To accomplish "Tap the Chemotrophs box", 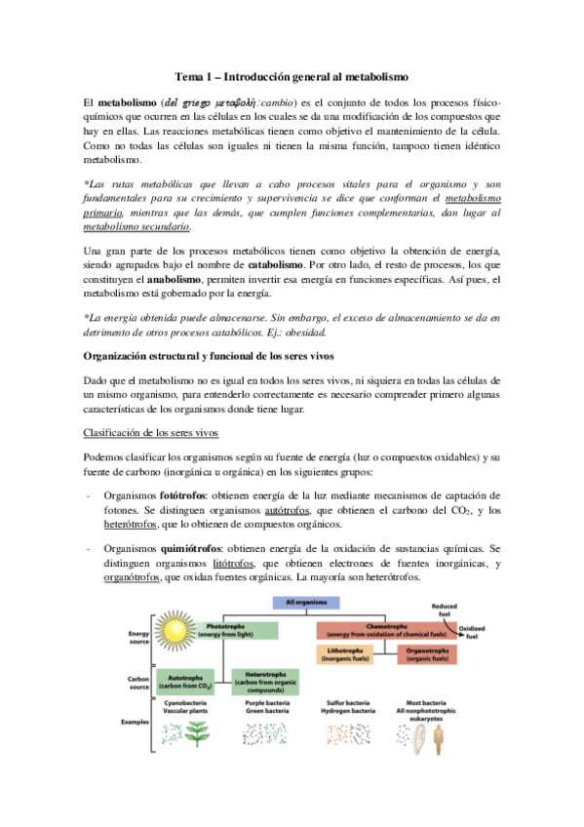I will click(x=380, y=628).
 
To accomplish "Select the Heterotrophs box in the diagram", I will click(x=265, y=680).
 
